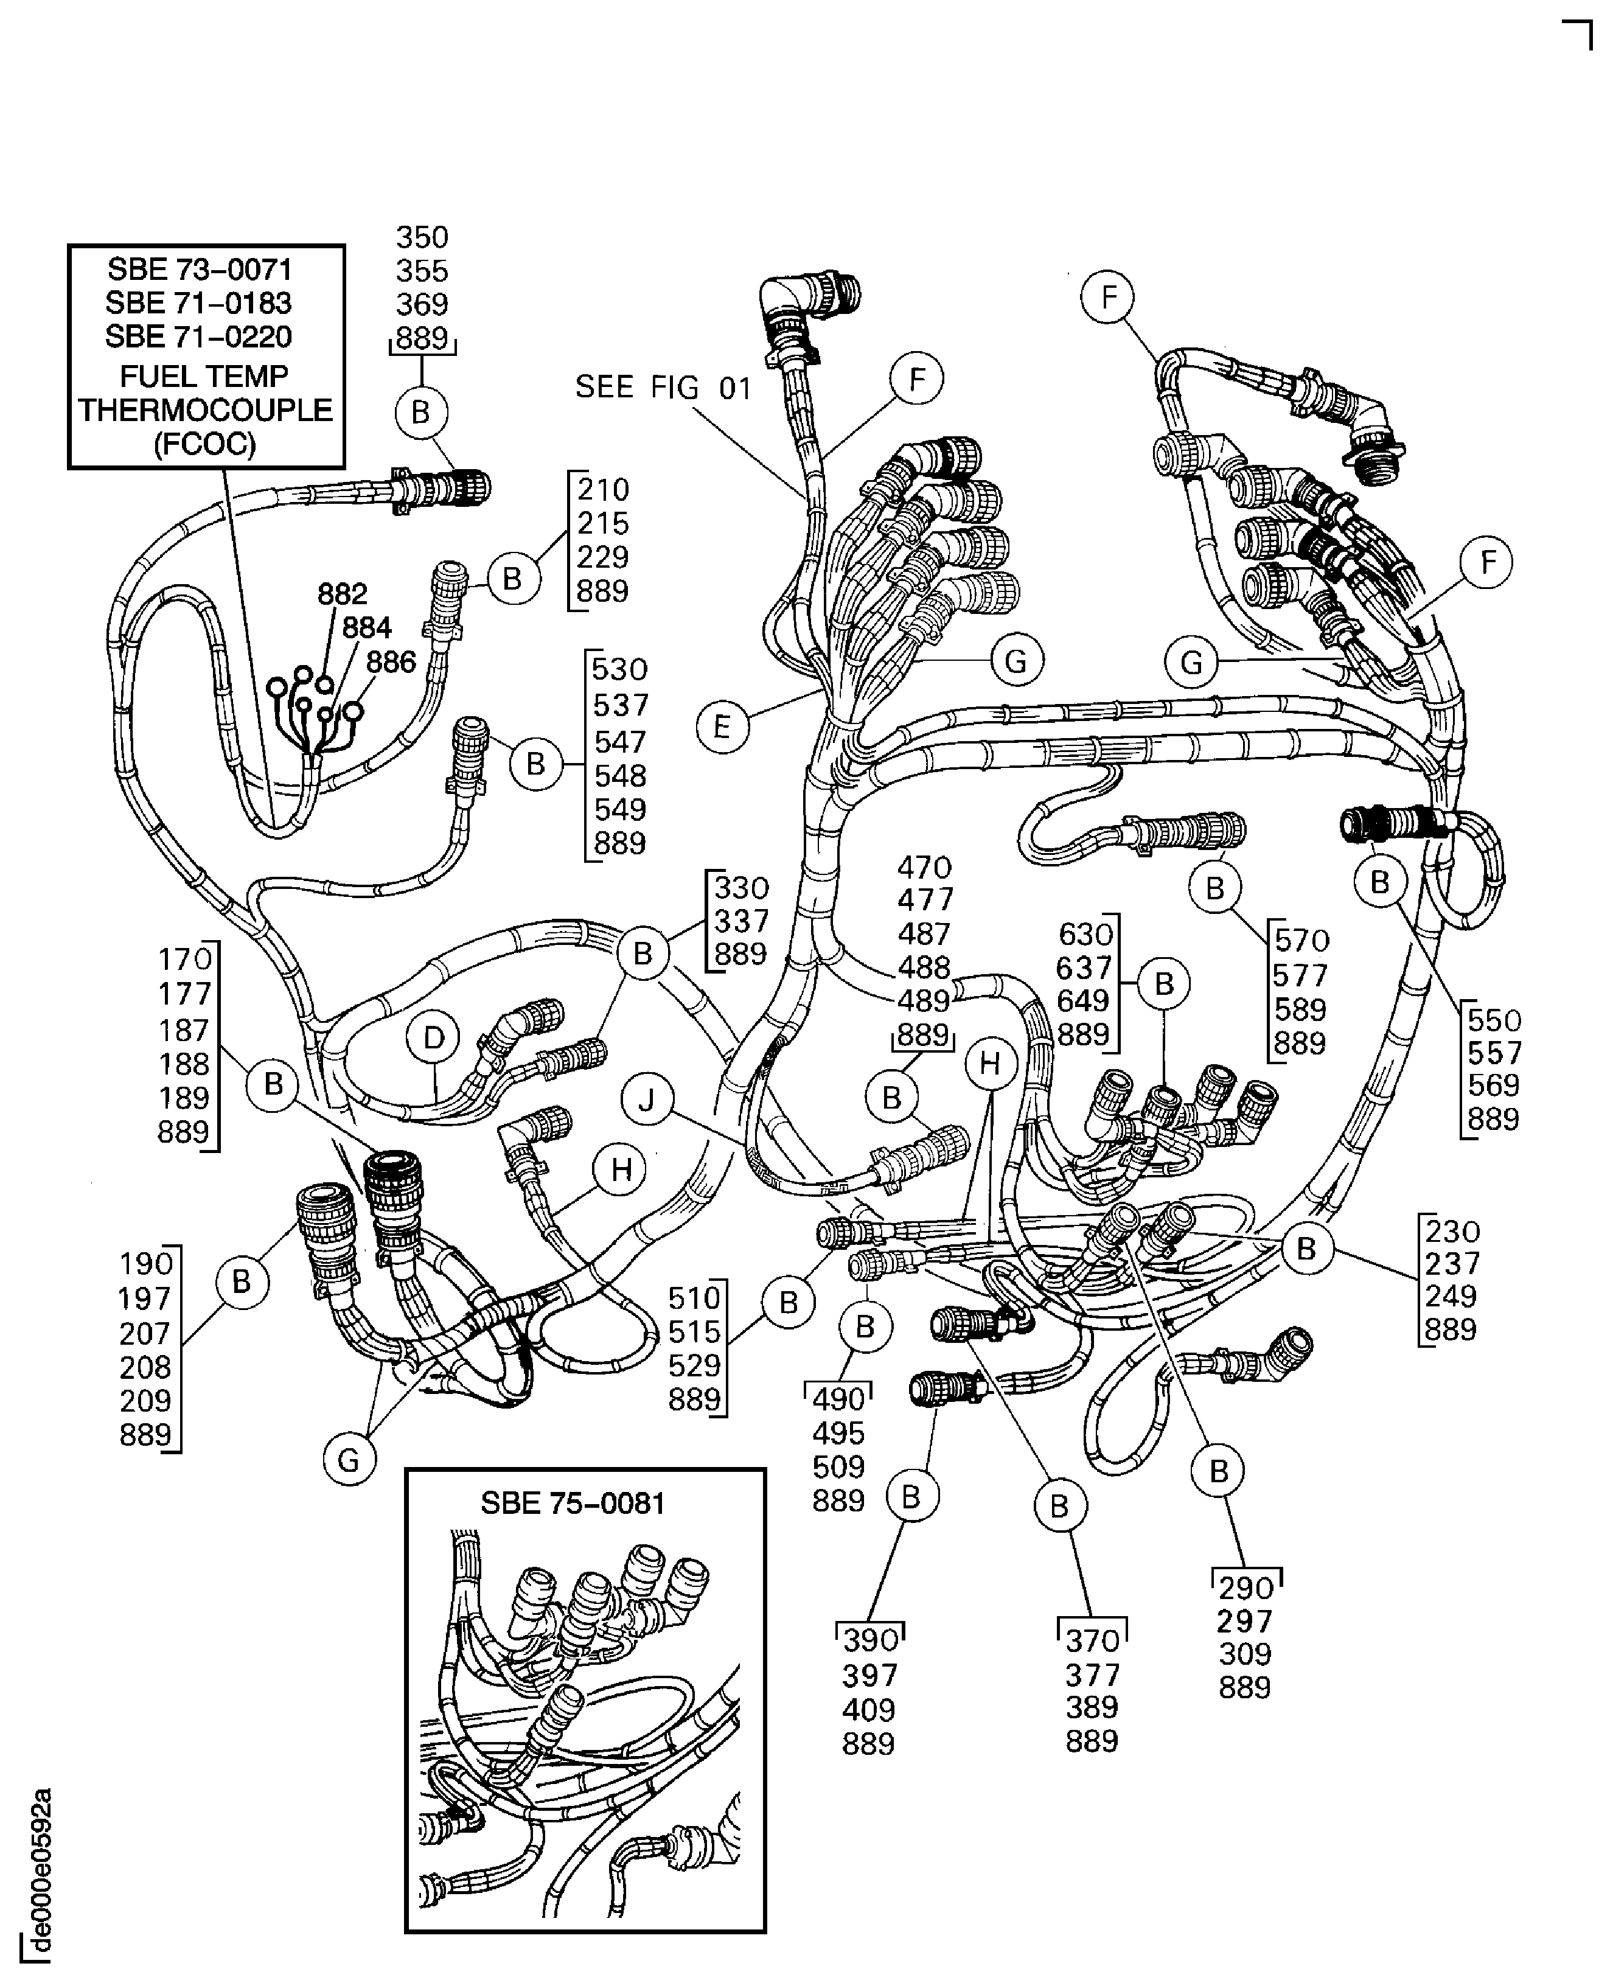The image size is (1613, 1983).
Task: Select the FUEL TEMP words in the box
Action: tap(204, 377)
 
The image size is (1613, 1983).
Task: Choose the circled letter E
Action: tap(722, 726)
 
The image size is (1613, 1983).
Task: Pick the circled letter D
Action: tap(434, 1038)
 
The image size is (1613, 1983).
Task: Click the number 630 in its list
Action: tap(1084, 934)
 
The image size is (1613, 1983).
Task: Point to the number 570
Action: tap(1301, 941)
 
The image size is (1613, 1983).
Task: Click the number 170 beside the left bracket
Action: tap(185, 958)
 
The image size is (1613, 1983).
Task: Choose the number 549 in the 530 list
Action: tap(620, 809)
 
